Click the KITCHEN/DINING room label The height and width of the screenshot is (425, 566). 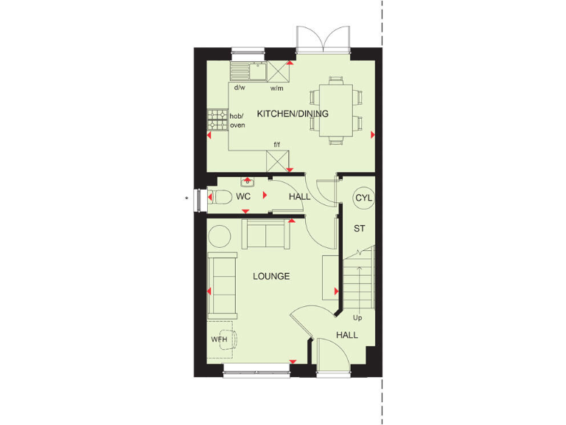pyautogui.click(x=293, y=114)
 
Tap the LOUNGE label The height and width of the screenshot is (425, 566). pyautogui.click(x=271, y=277)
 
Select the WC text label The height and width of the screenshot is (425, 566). pyautogui.click(x=244, y=197)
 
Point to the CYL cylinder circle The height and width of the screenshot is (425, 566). pyautogui.click(x=363, y=198)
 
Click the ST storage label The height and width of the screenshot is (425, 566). pyautogui.click(x=360, y=229)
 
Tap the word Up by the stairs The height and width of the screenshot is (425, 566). pyautogui.click(x=358, y=318)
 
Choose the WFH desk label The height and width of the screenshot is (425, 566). pyautogui.click(x=220, y=339)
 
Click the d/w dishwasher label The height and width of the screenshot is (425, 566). pyautogui.click(x=240, y=87)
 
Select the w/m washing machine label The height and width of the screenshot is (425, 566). pyautogui.click(x=277, y=87)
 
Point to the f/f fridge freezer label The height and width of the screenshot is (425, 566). pyautogui.click(x=277, y=144)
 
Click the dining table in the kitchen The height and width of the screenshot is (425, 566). pyautogui.click(x=335, y=107)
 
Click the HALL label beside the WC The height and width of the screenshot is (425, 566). pyautogui.click(x=299, y=197)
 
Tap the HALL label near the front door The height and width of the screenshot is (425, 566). pyautogui.click(x=347, y=335)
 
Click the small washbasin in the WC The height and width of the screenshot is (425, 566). pyautogui.click(x=247, y=181)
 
